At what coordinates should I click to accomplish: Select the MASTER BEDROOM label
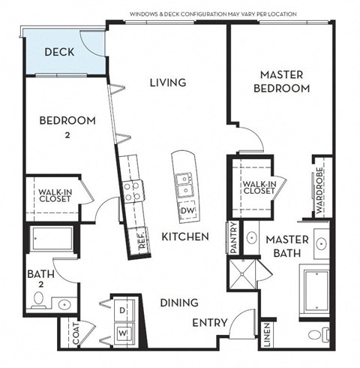click(x=284, y=82)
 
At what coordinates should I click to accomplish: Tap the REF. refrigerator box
click(x=141, y=240)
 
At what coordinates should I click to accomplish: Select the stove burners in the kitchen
click(x=132, y=192)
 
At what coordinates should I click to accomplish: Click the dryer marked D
click(x=122, y=309)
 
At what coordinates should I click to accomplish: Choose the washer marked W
click(x=122, y=332)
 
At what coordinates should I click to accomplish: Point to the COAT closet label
click(x=76, y=334)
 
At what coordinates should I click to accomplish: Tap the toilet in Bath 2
click(x=38, y=302)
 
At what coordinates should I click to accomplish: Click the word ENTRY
click(x=210, y=323)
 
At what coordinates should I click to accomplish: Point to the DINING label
click(x=178, y=303)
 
